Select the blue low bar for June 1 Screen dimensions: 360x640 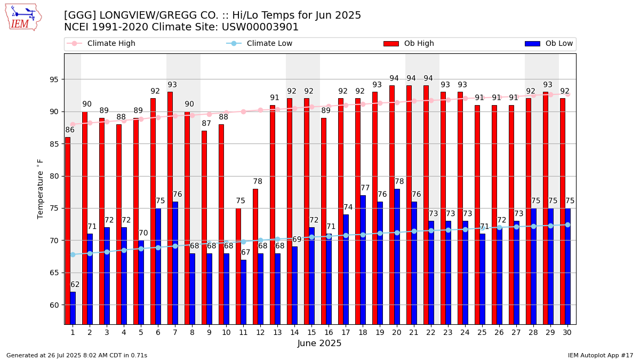(73, 308)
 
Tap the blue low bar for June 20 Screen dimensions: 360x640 (397, 256)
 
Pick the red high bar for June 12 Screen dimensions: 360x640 (255, 256)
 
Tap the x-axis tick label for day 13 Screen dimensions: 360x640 (277, 333)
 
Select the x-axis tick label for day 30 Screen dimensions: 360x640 (567, 333)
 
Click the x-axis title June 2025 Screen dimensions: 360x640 (319, 344)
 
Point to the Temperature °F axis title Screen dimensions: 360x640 (41, 188)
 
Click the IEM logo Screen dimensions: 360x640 (23, 17)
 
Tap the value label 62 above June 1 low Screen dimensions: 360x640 (75, 285)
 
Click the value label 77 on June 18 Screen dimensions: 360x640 (365, 188)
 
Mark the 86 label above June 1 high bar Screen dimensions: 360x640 (70, 130)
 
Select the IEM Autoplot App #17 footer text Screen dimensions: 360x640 (601, 355)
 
